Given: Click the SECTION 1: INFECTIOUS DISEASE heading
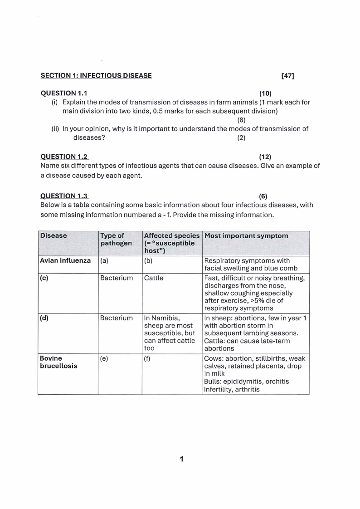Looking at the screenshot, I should coord(96,76).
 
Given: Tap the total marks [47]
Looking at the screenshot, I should coord(288,76).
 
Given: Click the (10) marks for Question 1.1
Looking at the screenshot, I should coord(265,93).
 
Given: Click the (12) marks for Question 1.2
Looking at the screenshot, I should coord(265,157).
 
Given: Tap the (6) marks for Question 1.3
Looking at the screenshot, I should coord(263,196).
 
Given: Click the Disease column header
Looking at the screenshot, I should coord(54,236).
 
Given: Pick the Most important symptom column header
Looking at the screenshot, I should coord(246,236).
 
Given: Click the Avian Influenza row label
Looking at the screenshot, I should coord(65,261).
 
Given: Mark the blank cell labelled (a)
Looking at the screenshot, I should coord(104,261).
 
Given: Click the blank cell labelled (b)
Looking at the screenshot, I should coord(148,261).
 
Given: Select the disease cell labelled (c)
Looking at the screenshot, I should coord(44,278).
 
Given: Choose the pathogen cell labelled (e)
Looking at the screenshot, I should coord(104,358).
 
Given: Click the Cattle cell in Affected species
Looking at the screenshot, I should coord(154,278).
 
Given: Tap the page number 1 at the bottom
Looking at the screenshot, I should coord(181,459).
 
